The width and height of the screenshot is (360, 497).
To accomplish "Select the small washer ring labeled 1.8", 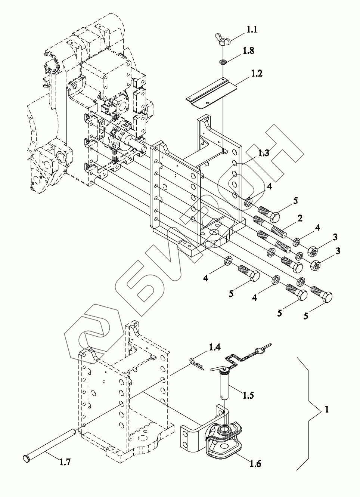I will tap(223, 61).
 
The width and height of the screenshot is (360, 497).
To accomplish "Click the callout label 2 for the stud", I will tap(300, 218).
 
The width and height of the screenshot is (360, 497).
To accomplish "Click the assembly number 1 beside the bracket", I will tap(326, 410).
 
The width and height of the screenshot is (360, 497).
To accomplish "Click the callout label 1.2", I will tap(257, 73).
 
